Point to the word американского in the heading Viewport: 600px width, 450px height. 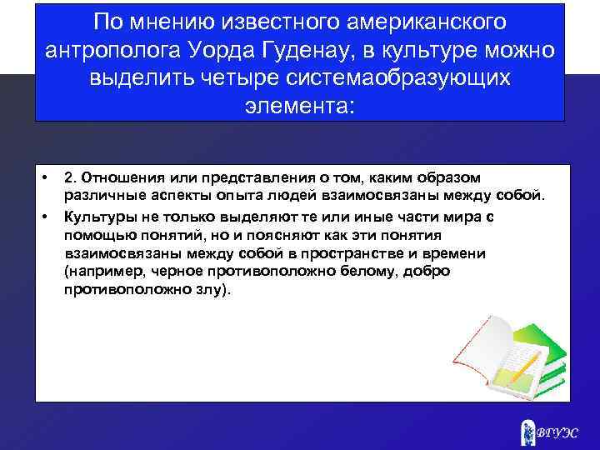[417, 20]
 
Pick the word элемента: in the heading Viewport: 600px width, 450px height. [300, 107]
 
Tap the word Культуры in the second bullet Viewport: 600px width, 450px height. [98, 217]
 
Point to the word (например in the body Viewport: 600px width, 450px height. [100, 272]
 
